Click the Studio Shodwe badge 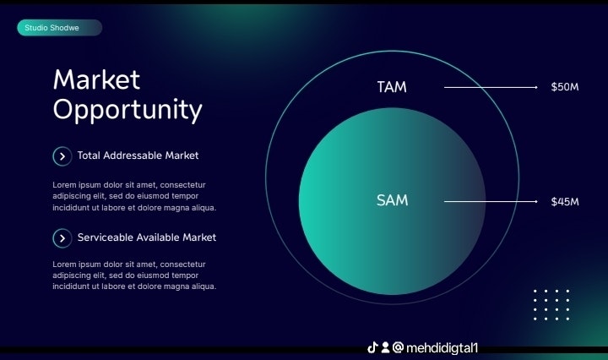pyautogui.click(x=59, y=29)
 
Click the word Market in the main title pyautogui.click(x=96, y=80)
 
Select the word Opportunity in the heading pyautogui.click(x=128, y=110)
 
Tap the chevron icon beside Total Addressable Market pyautogui.click(x=62, y=156)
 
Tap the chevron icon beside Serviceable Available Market pyautogui.click(x=62, y=238)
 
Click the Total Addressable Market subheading pyautogui.click(x=138, y=155)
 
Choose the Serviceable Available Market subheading pyautogui.click(x=146, y=237)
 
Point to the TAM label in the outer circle pyautogui.click(x=392, y=87)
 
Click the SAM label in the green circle pyautogui.click(x=392, y=201)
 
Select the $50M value pyautogui.click(x=564, y=87)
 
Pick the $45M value pyautogui.click(x=564, y=202)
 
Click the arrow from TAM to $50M pyautogui.click(x=491, y=87)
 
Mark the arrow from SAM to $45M pyautogui.click(x=491, y=202)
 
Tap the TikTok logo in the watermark pyautogui.click(x=372, y=347)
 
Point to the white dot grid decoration pyautogui.click(x=551, y=304)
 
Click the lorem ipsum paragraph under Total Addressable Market pyautogui.click(x=134, y=196)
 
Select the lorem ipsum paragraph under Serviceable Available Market pyautogui.click(x=134, y=275)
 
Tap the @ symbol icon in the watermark pyautogui.click(x=398, y=347)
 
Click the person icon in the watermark pyautogui.click(x=385, y=347)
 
